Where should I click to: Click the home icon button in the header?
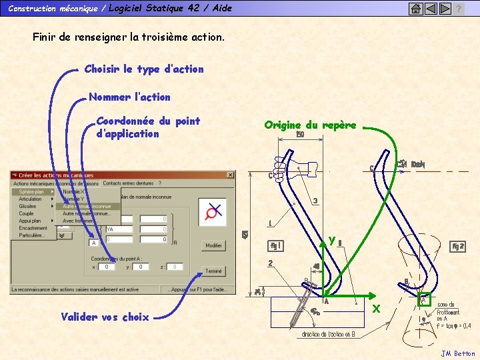pos(415,9)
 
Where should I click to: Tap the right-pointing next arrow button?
pos(444,9)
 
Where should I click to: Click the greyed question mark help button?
pos(459,9)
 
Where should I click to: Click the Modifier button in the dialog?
pos(213,245)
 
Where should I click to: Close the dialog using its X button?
pos(230,175)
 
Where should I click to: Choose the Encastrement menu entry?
pos(33,228)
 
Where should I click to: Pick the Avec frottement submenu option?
pos(79,221)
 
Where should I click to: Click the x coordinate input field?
pos(107,267)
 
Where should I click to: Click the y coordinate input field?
pos(141,267)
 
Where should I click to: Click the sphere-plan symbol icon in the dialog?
pos(215,213)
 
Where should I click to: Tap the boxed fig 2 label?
pos(458,246)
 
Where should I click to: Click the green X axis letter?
pos(376,309)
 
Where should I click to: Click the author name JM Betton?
pos(458,353)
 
